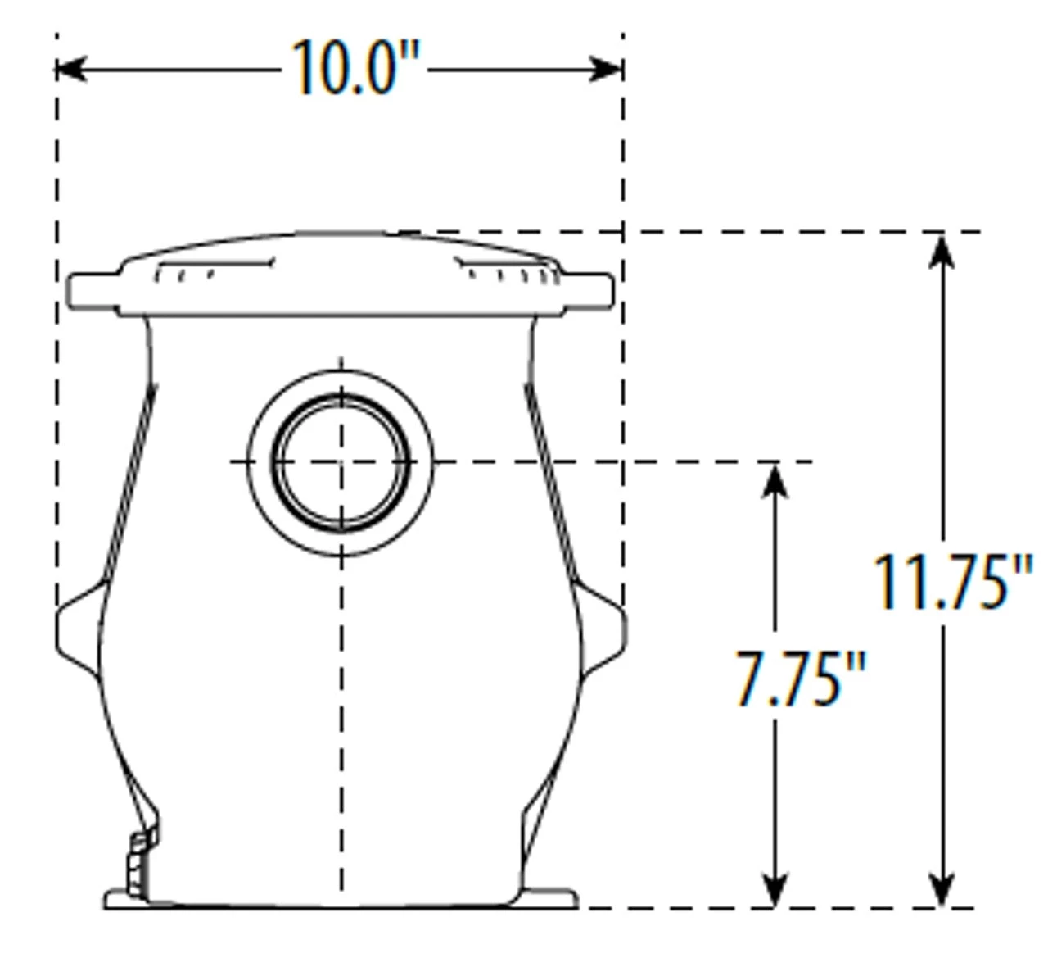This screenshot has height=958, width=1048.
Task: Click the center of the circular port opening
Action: pos(341,461)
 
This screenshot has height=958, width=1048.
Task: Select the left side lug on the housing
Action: pos(78,629)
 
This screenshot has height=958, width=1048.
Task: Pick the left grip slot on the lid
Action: pos(213,268)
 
